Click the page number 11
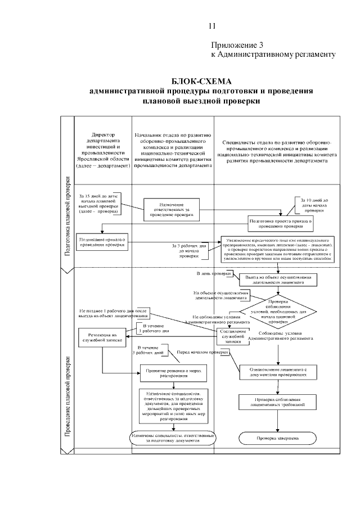pyautogui.click(x=211, y=26)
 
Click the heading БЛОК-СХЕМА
pyautogui.click(x=201, y=81)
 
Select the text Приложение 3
pyautogui.click(x=237, y=45)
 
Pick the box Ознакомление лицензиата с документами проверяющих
pyautogui.click(x=278, y=372)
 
